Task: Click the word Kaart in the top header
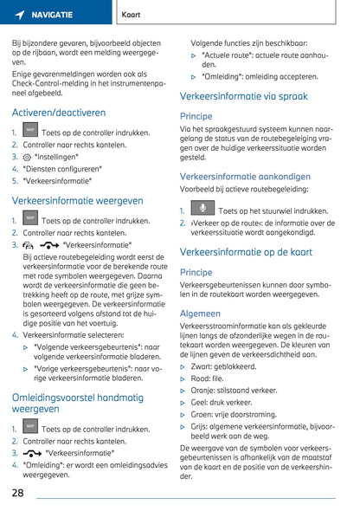132,15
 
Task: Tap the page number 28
17,493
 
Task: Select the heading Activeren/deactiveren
59,113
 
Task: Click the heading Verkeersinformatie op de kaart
246,252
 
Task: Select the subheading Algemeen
200,314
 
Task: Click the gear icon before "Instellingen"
27,157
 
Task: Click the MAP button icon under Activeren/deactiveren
30,131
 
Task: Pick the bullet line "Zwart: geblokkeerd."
230,366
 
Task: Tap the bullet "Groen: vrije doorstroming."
245,415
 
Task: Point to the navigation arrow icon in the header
19,15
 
